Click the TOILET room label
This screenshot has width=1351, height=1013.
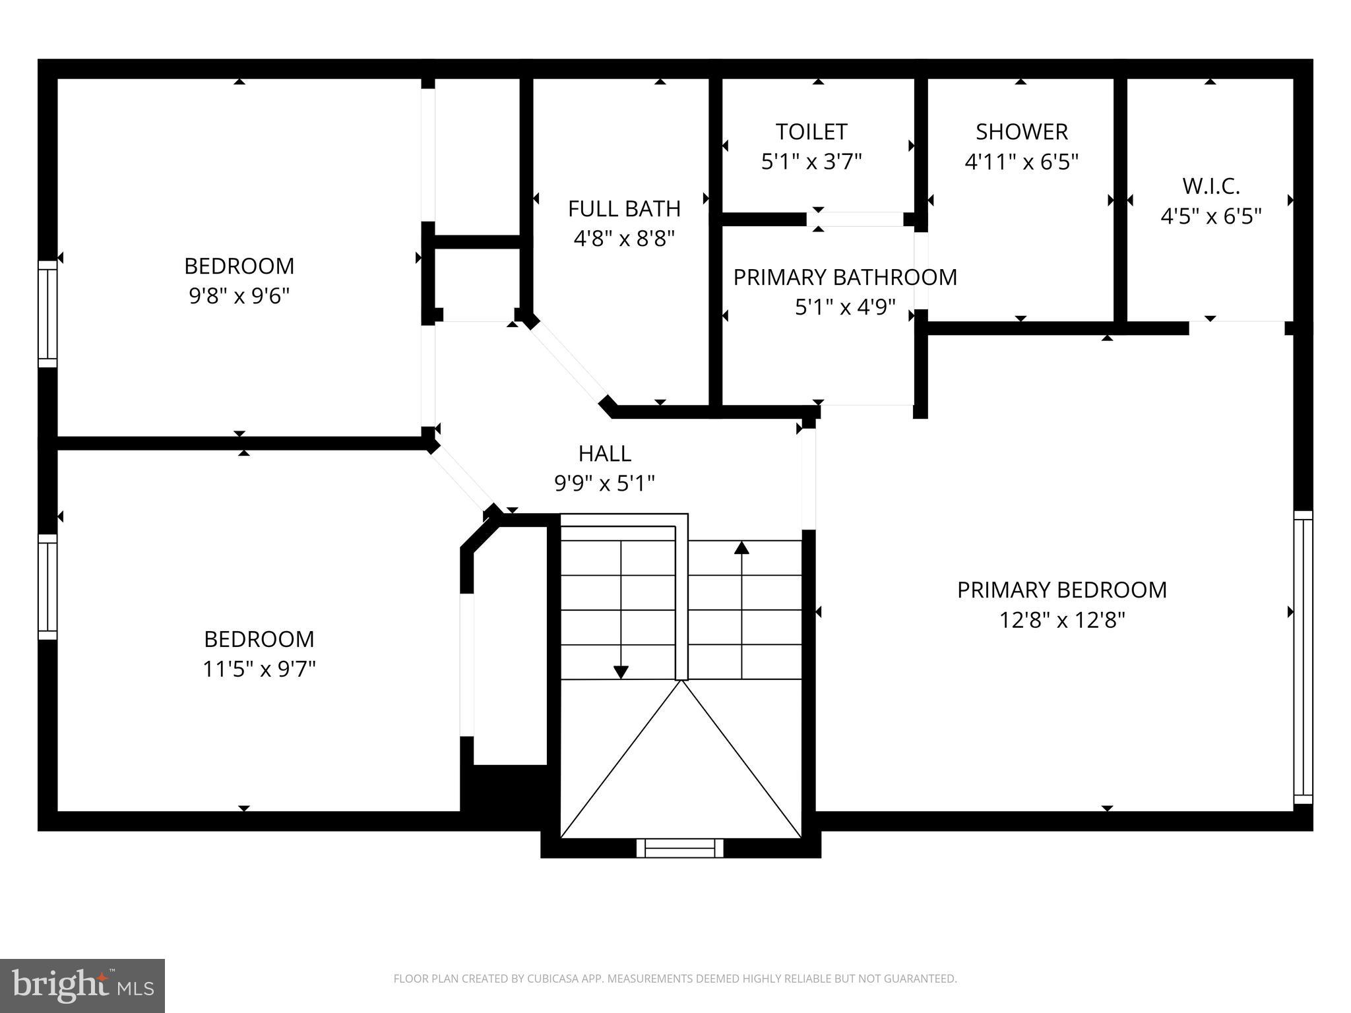point(811,132)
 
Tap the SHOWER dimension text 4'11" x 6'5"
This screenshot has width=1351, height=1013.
point(1021,162)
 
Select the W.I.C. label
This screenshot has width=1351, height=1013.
point(1210,187)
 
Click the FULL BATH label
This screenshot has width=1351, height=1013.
point(624,209)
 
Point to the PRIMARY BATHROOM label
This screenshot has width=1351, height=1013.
point(844,277)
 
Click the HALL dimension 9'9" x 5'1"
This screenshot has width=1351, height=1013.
point(604,484)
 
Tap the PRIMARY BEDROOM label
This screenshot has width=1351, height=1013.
point(1061,590)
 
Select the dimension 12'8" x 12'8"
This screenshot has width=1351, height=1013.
point(1061,621)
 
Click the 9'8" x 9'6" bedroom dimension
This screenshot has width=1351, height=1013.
point(239,296)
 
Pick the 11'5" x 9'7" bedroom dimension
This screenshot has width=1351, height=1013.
point(259,669)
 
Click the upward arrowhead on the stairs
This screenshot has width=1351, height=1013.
point(742,547)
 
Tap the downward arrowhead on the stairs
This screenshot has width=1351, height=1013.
point(621,672)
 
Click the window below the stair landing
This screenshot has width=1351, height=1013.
point(679,847)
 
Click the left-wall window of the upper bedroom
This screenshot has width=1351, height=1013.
point(47,313)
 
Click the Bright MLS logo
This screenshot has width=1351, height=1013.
point(82,985)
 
